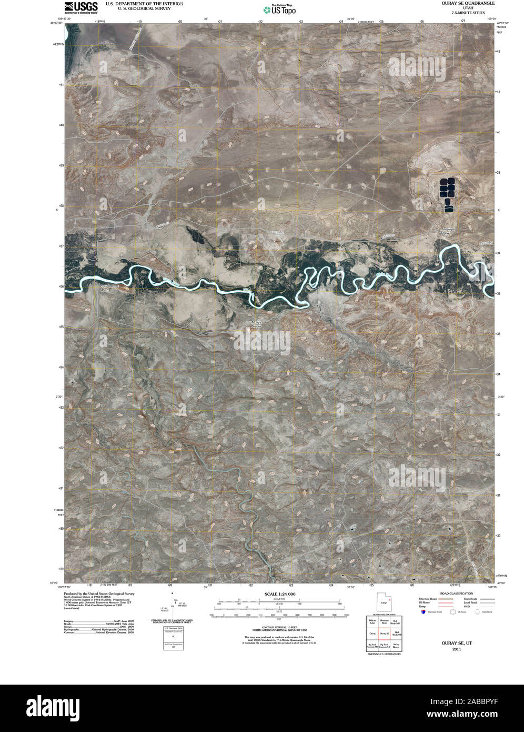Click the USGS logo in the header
80,6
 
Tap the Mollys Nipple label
255,324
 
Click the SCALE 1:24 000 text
280,593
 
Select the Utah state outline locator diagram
383,601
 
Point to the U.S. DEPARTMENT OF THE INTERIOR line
144,3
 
